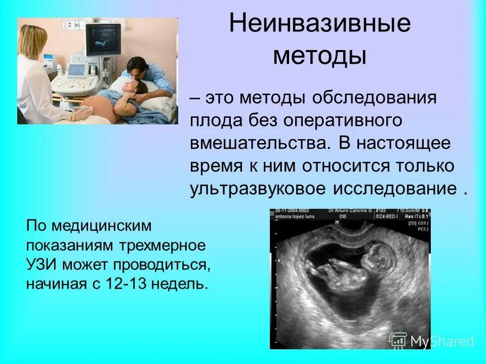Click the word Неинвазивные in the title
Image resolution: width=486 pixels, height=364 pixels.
320,24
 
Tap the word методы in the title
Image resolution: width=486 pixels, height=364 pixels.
319,56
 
